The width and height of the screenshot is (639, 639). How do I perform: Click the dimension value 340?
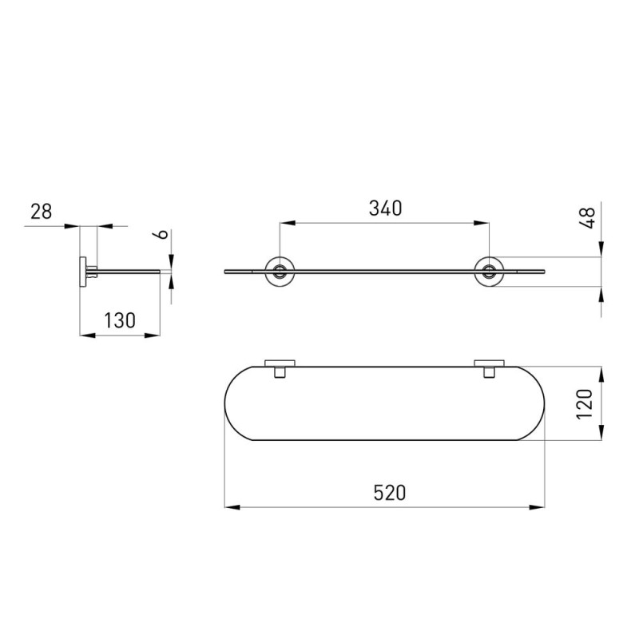tap(385, 208)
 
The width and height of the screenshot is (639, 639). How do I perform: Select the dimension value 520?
tap(390, 493)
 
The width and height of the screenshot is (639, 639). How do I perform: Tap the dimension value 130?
tap(119, 320)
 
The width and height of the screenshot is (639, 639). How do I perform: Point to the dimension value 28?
tap(42, 212)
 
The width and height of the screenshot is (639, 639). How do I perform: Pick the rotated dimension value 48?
tap(588, 217)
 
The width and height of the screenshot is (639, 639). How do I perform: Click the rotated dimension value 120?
tap(584, 404)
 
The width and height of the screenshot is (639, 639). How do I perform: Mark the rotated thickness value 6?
tap(163, 234)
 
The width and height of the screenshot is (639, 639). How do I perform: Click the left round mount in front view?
tap(280, 272)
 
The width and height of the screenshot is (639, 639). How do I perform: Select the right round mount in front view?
tap(489, 272)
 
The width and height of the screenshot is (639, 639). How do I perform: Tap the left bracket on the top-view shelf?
tap(280, 368)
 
